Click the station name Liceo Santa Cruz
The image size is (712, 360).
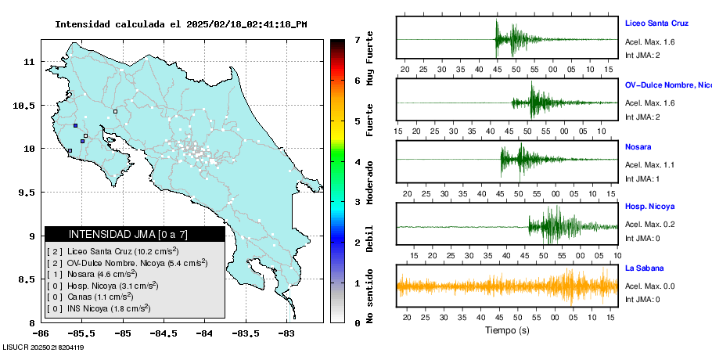(x=656, y=23)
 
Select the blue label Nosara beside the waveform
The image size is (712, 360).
(x=638, y=147)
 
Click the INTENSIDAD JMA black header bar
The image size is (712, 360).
(x=135, y=234)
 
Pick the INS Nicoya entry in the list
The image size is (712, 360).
(x=99, y=308)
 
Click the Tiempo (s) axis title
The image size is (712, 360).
(x=507, y=329)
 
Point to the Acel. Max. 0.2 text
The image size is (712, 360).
(x=650, y=225)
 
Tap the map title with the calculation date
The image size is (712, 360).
(x=180, y=24)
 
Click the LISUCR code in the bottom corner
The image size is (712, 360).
(x=43, y=347)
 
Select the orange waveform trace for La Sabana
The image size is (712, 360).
(x=507, y=286)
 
